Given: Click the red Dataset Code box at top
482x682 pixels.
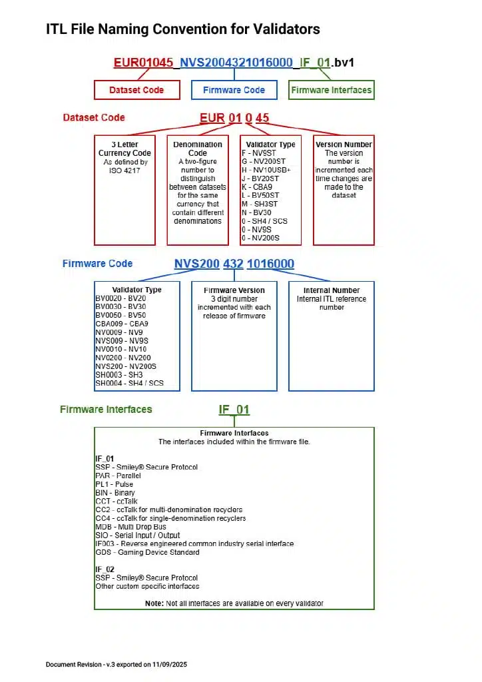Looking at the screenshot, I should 136,90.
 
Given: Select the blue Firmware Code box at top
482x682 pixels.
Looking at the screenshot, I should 234,90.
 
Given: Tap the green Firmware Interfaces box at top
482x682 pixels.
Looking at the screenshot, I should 332,90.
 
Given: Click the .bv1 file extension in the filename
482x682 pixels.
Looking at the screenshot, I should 343,63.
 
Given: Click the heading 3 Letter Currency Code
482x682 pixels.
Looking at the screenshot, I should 124,149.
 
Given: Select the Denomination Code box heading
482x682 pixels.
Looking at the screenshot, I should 198,149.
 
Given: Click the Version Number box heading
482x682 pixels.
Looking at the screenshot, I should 344,145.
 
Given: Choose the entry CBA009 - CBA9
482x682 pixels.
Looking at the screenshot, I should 122,324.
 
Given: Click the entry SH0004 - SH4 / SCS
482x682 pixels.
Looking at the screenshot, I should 129,383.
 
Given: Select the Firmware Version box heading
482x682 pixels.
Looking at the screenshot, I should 234,290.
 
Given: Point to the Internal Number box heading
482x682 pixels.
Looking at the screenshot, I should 331,290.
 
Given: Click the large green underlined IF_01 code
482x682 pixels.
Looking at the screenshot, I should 234,410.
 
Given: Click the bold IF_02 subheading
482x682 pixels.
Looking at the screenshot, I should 105,569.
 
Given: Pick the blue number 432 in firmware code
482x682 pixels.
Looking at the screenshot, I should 233,264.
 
